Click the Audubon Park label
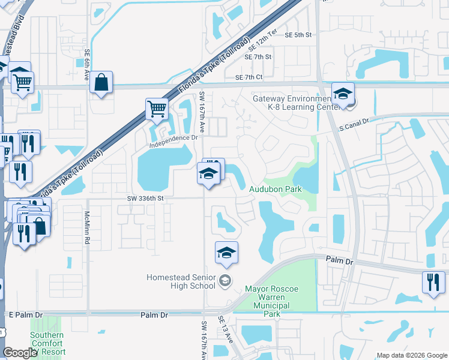(x=275, y=189)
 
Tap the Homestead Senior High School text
(x=181, y=281)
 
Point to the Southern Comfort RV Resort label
(x=47, y=343)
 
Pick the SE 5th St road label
(x=299, y=35)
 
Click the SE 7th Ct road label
(x=249, y=77)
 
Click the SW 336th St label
(x=145, y=198)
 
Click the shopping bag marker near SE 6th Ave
(x=101, y=82)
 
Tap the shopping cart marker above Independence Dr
(x=157, y=109)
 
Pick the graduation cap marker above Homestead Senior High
(x=226, y=253)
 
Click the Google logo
(x=20, y=353)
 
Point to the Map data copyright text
(x=411, y=355)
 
